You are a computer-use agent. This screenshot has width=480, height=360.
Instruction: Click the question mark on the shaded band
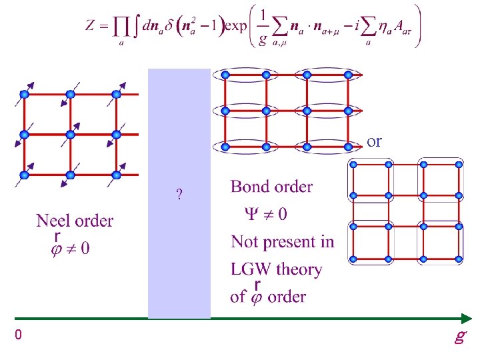point(179,195)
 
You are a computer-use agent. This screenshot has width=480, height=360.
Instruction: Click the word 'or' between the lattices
point(375,141)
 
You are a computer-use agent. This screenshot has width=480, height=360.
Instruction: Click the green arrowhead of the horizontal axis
point(463,319)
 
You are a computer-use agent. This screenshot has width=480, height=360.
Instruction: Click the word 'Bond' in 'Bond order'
point(249,187)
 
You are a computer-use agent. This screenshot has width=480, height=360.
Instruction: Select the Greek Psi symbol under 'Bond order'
point(251,214)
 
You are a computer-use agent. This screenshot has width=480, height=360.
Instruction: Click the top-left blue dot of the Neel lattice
point(24,94)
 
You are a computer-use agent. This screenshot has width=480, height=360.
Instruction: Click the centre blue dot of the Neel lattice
point(70,135)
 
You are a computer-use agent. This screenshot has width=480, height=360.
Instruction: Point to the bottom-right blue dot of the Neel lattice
point(116,175)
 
